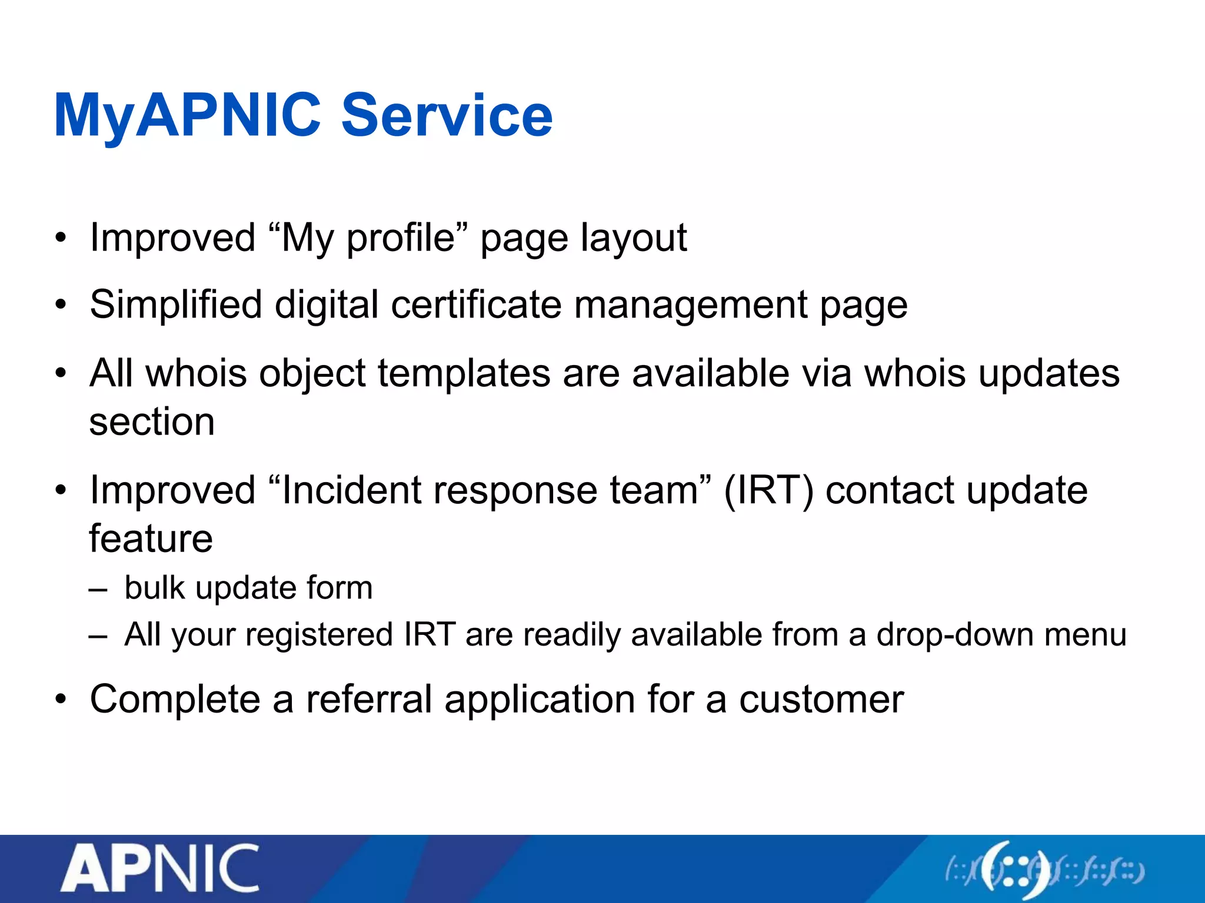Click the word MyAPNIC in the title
tap(187, 116)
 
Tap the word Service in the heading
tap(447, 116)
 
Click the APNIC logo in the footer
tap(160, 869)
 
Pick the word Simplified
tap(176, 306)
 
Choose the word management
tap(691, 306)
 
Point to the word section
tap(152, 422)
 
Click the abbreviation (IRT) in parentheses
tap(768, 490)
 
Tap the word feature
tap(151, 539)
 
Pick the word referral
tap(369, 700)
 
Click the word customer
tap(821, 700)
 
